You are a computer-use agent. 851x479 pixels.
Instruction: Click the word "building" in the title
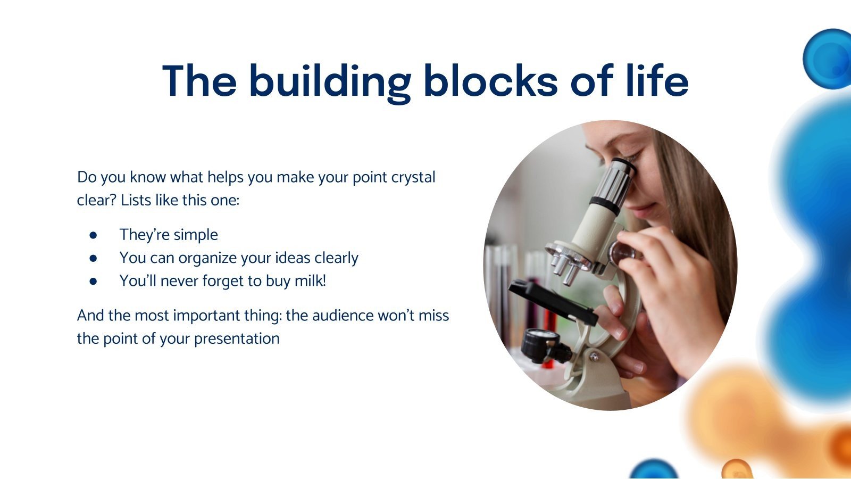330,82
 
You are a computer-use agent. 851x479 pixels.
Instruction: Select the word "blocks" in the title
490,80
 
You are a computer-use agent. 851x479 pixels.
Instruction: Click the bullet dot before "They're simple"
93,235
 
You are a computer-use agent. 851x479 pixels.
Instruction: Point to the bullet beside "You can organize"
93,259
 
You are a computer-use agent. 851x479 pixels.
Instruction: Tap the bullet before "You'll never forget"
93,282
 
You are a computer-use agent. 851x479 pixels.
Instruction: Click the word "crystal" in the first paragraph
413,178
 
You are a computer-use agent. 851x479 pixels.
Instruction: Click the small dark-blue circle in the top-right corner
828,59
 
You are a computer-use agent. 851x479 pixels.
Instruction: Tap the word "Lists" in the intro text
136,200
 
